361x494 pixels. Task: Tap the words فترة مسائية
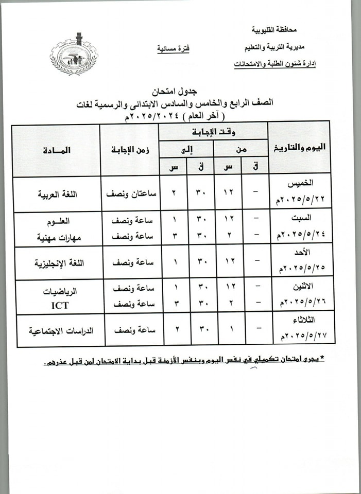pyautogui.click(x=173, y=48)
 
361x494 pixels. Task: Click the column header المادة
pyautogui.click(x=56, y=150)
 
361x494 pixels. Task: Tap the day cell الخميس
pyautogui.click(x=302, y=183)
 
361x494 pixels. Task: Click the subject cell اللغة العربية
pyautogui.click(x=56, y=195)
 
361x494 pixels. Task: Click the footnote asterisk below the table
pyautogui.click(x=323, y=358)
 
